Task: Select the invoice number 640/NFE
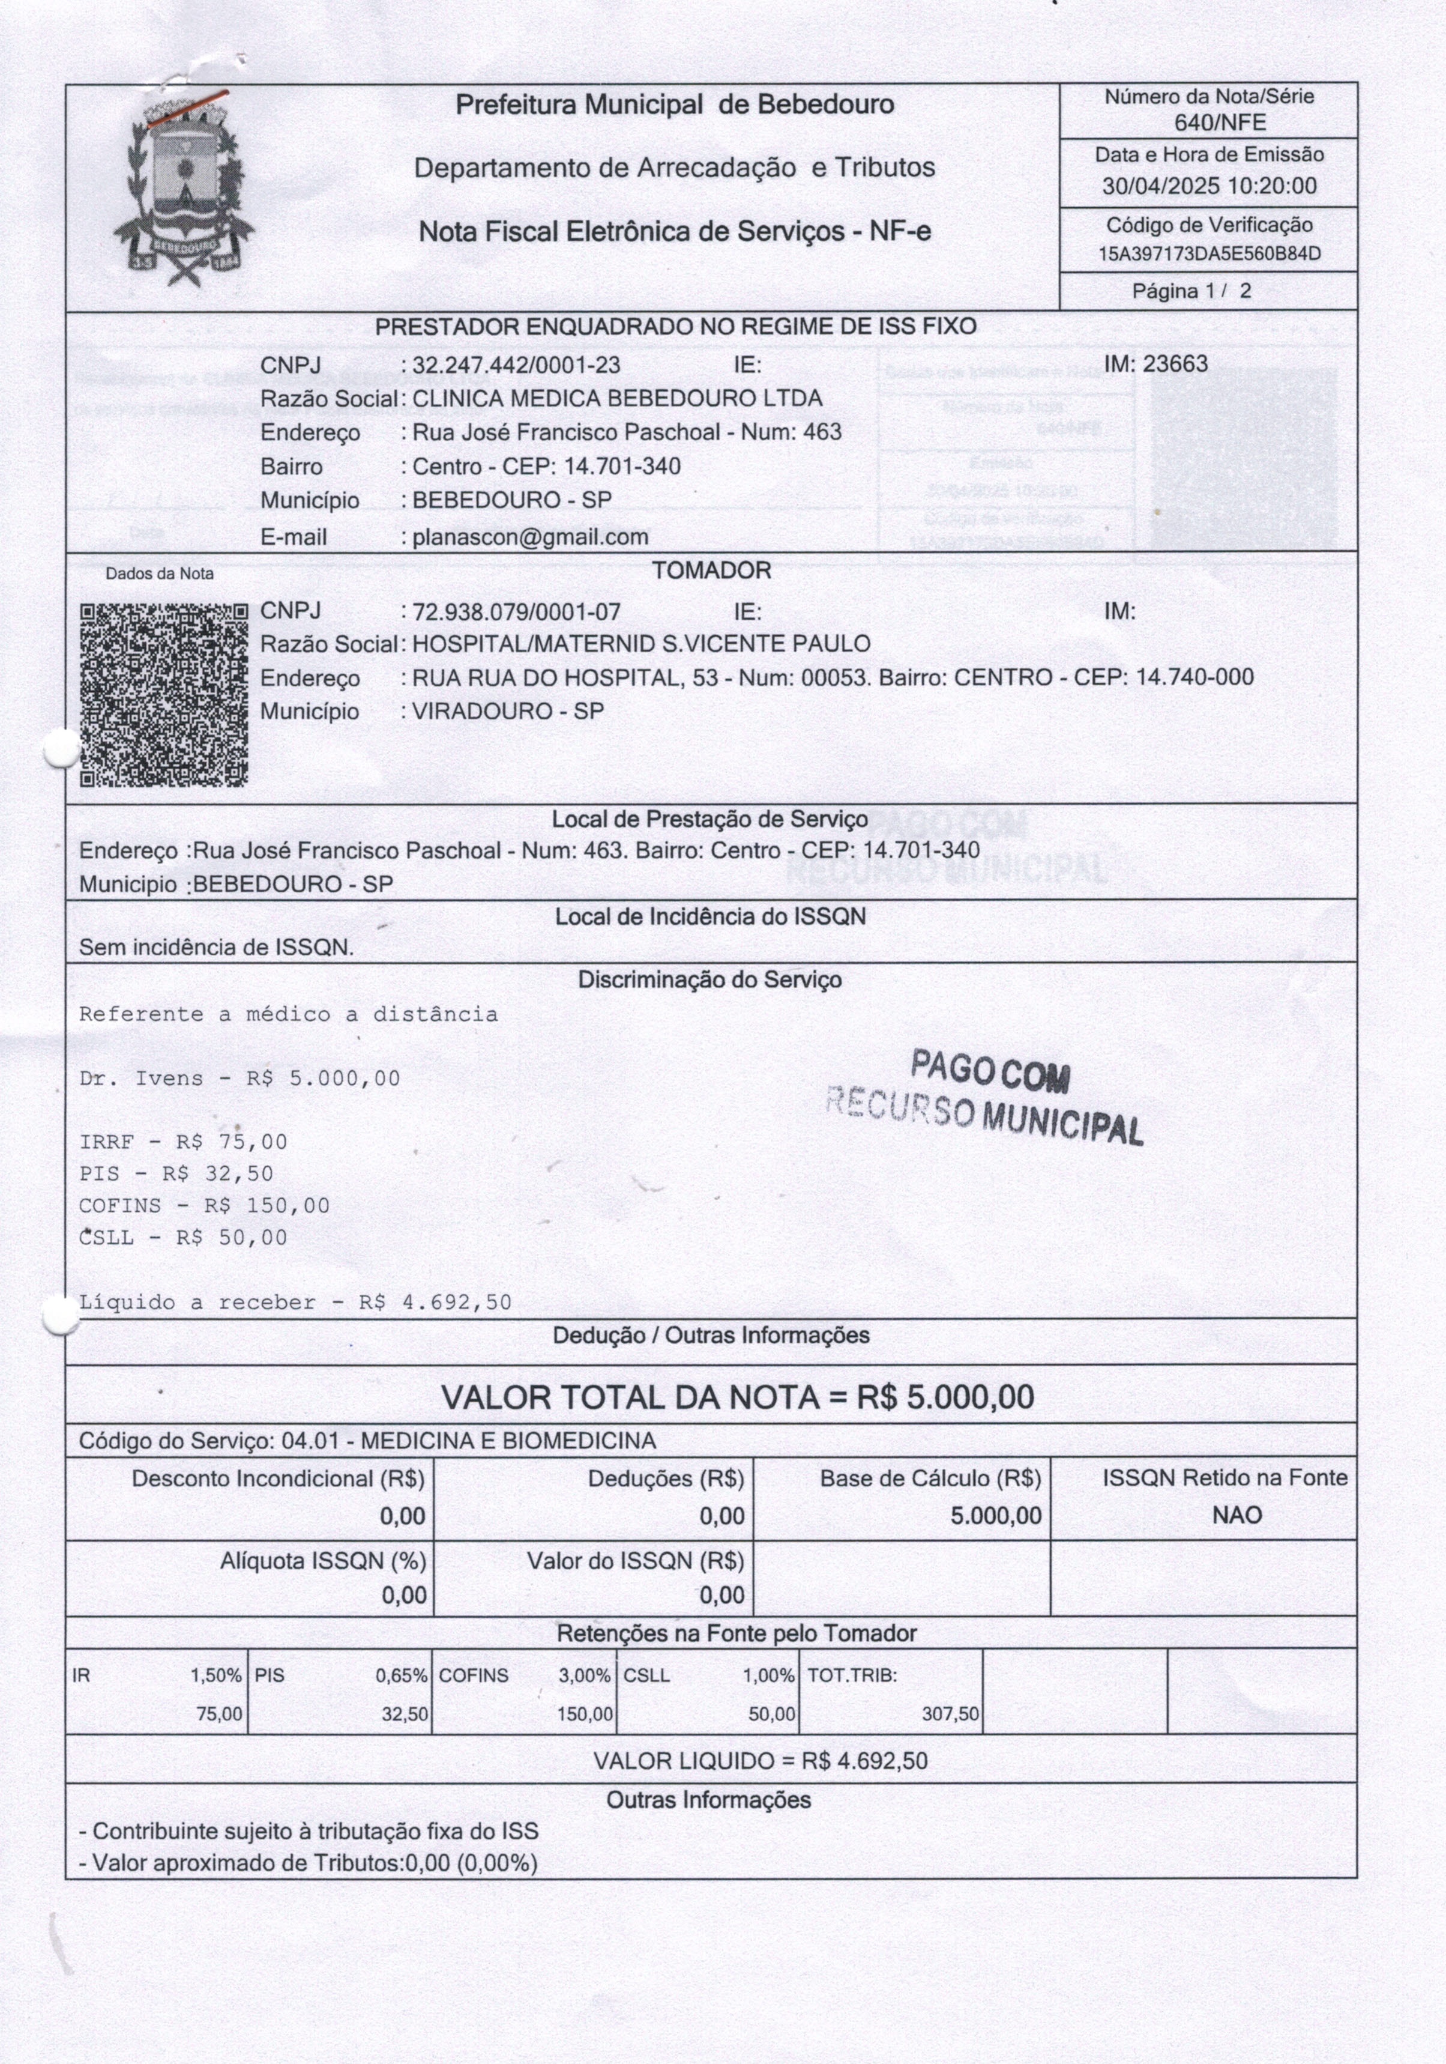click(x=1220, y=123)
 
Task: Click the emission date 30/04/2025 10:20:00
click(x=1209, y=186)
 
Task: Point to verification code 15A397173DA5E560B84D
click(x=1209, y=253)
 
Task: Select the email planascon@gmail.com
click(x=530, y=537)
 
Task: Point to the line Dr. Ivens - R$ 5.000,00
click(x=239, y=1078)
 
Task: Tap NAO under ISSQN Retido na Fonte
click(x=1237, y=1515)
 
